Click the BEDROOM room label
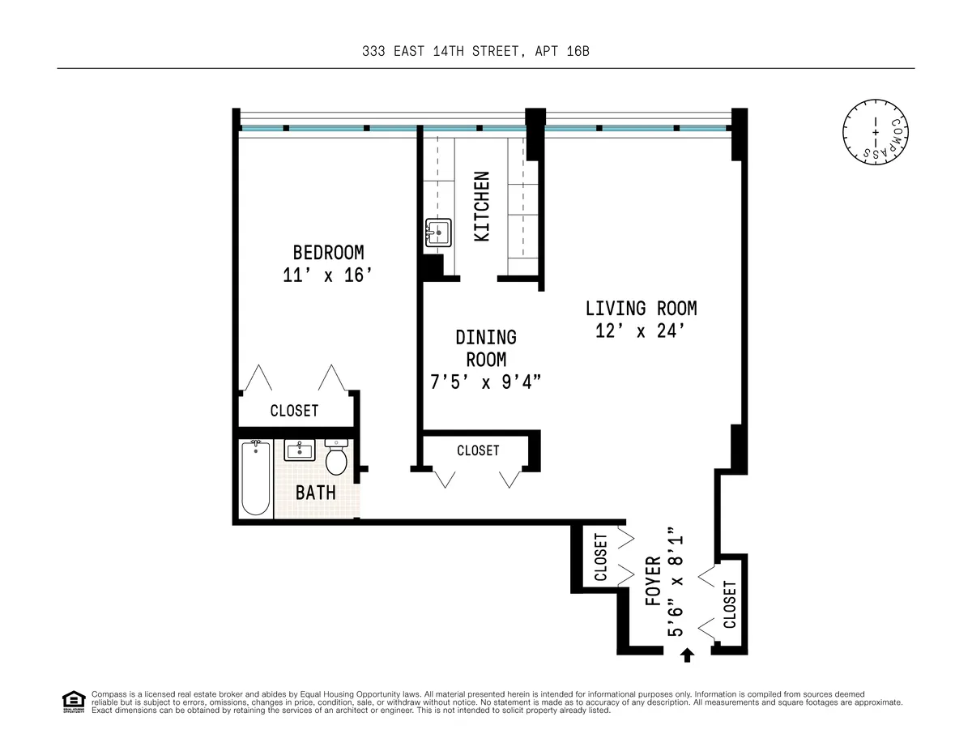(328, 252)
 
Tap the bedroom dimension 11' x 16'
(328, 275)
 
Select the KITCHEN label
(482, 206)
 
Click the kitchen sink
(437, 233)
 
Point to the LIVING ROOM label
(641, 308)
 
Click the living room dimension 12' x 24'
(641, 331)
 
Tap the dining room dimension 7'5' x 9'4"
(486, 382)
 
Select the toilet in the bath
(336, 458)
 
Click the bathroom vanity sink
(300, 450)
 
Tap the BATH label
(315, 492)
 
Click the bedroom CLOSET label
(294, 411)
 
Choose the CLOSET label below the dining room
(478, 450)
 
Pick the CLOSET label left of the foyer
(600, 557)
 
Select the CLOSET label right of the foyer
(730, 604)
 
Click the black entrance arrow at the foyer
(688, 655)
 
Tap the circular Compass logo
(874, 130)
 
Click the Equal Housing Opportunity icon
(73, 701)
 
